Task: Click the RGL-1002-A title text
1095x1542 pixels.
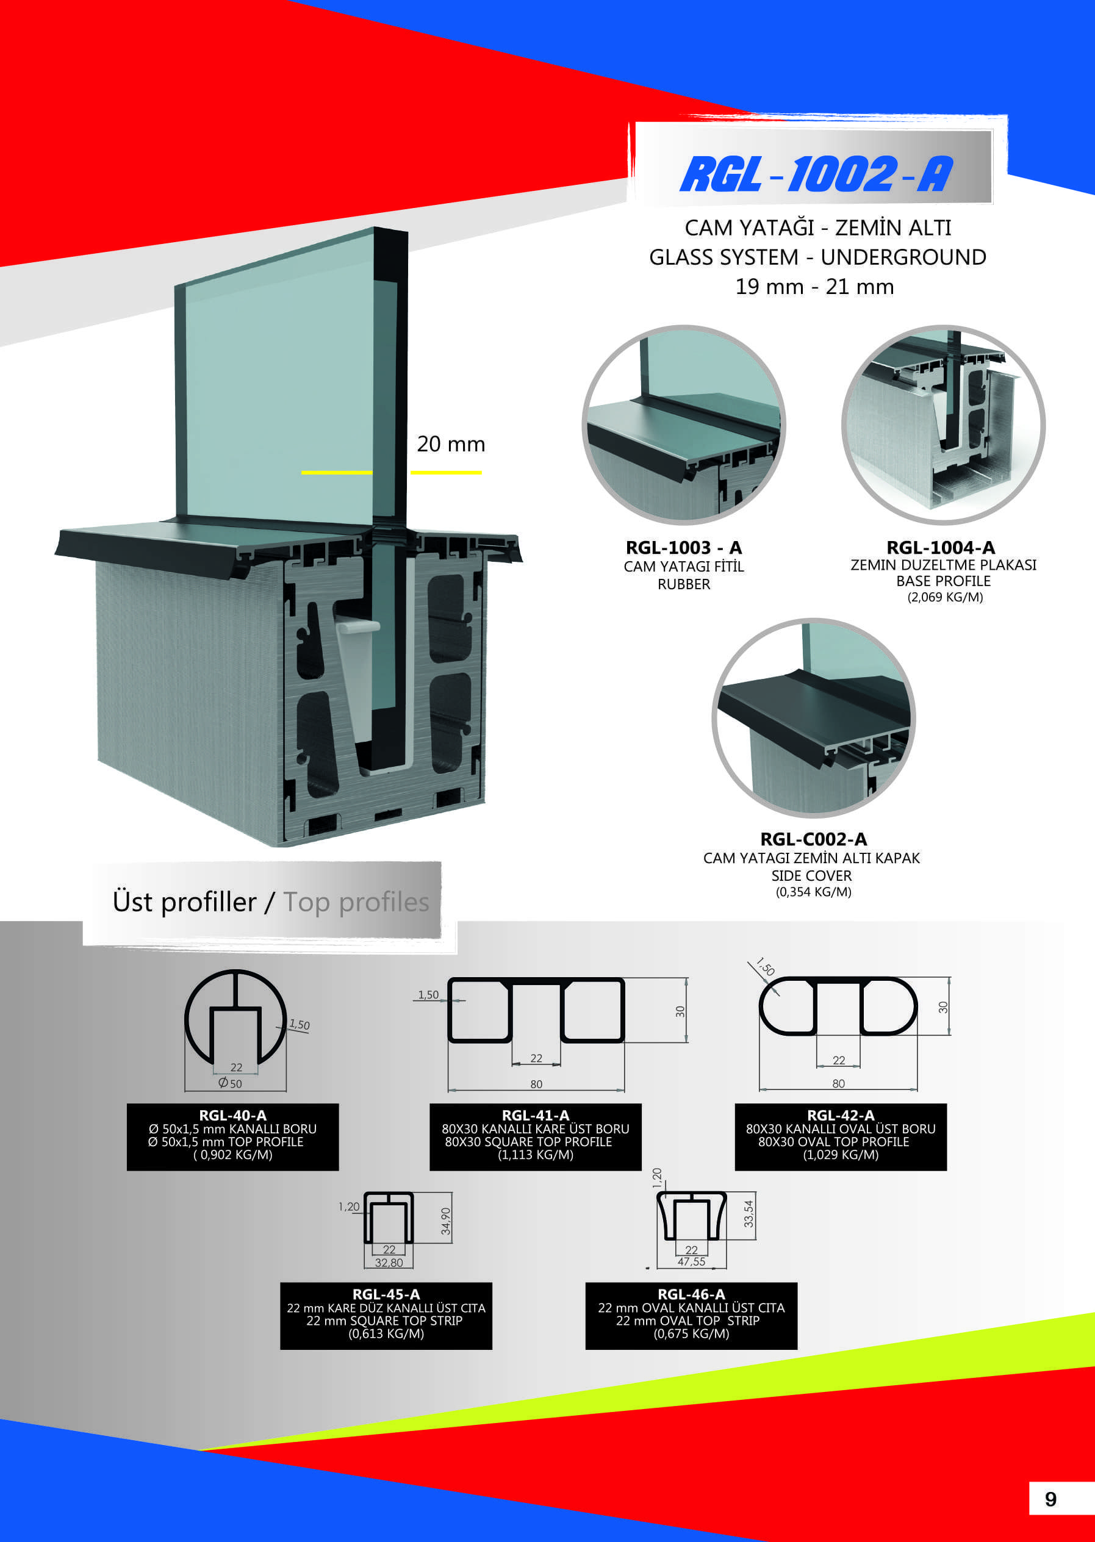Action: (x=816, y=174)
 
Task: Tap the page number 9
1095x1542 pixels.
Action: (x=1050, y=1499)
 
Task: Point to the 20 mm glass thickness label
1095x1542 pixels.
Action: (x=451, y=443)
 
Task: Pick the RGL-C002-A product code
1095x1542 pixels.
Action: (x=813, y=839)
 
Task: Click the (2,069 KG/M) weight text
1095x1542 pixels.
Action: (x=945, y=597)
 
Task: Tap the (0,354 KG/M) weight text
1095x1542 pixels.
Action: (x=813, y=891)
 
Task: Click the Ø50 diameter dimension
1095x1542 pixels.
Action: (x=230, y=1083)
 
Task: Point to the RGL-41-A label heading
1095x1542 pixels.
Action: (x=536, y=1115)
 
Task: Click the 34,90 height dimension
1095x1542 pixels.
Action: (x=446, y=1221)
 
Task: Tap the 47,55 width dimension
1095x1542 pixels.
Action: (x=691, y=1261)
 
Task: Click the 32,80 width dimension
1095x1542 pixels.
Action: (x=389, y=1262)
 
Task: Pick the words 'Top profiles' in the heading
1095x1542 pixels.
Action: (x=356, y=902)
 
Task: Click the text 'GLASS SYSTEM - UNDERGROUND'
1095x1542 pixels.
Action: (x=817, y=257)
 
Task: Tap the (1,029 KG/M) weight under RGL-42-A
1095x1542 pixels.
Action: (x=840, y=1154)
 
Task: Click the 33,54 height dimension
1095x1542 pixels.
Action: (x=749, y=1214)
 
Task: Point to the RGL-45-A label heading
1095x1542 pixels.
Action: (x=386, y=1294)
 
